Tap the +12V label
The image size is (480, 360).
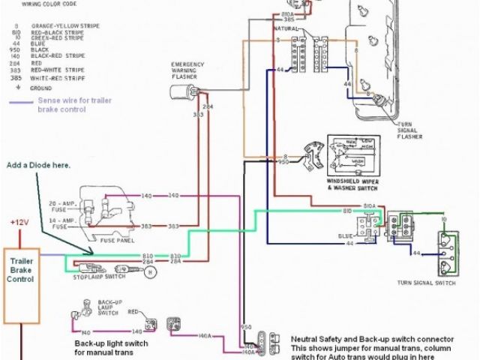pyautogui.click(x=19, y=223)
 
